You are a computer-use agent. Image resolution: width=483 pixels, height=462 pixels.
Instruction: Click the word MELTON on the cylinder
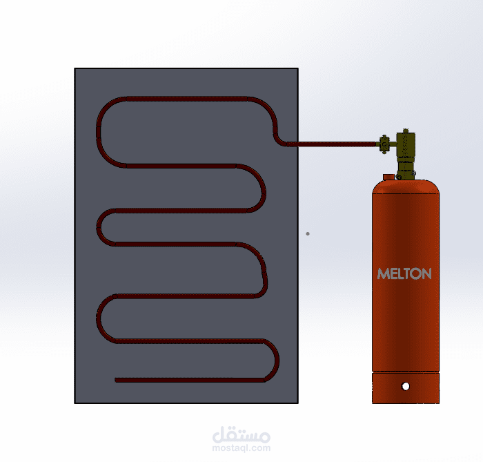(404, 273)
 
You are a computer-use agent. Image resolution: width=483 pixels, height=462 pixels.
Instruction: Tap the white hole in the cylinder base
(406, 386)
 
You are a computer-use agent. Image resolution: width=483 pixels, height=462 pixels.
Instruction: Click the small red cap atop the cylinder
(388, 177)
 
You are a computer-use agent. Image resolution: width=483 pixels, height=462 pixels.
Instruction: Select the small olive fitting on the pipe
(384, 144)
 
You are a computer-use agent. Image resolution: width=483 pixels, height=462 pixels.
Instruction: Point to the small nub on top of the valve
(406, 131)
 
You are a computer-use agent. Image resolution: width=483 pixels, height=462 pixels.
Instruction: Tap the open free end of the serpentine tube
(116, 380)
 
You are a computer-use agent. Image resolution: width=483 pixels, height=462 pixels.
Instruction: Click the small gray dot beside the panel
(308, 233)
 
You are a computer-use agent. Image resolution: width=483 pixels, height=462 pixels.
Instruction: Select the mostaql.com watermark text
(241, 447)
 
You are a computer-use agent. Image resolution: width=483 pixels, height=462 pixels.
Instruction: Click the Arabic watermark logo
(241, 434)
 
